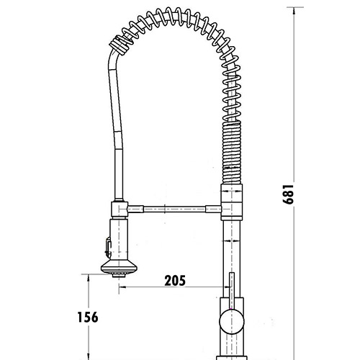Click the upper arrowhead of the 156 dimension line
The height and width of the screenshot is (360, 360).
87,277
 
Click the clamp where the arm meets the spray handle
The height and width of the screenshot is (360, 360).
118,209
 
